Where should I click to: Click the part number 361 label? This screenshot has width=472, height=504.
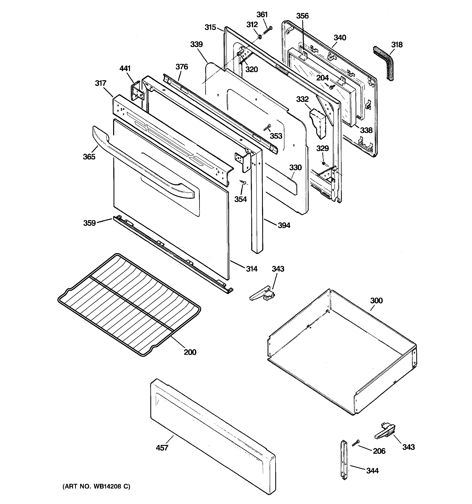coord(262,14)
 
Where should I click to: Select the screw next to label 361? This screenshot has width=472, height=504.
coord(268,30)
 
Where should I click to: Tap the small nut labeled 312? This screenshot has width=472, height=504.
coord(260,37)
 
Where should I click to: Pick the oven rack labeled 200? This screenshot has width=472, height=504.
coord(129,304)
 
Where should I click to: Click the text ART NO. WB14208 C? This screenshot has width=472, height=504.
coord(96,486)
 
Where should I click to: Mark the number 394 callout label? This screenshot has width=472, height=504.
coord(284,225)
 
